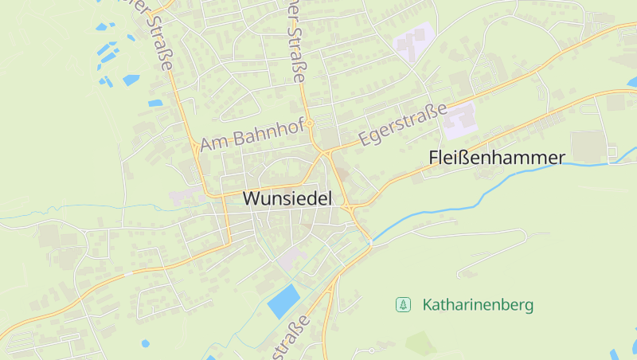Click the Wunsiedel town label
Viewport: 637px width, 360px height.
point(287,199)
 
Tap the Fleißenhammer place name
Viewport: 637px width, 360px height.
point(496,158)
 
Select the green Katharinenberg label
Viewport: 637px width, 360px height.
point(478,304)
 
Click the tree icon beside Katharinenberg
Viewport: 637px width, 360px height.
point(404,304)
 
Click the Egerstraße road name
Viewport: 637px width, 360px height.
point(403,126)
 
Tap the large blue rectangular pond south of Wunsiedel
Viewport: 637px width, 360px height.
point(283,300)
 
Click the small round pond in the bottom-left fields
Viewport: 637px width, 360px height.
point(145,343)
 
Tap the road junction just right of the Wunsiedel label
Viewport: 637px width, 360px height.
point(349,207)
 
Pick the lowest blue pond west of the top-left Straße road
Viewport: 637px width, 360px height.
point(155,103)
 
